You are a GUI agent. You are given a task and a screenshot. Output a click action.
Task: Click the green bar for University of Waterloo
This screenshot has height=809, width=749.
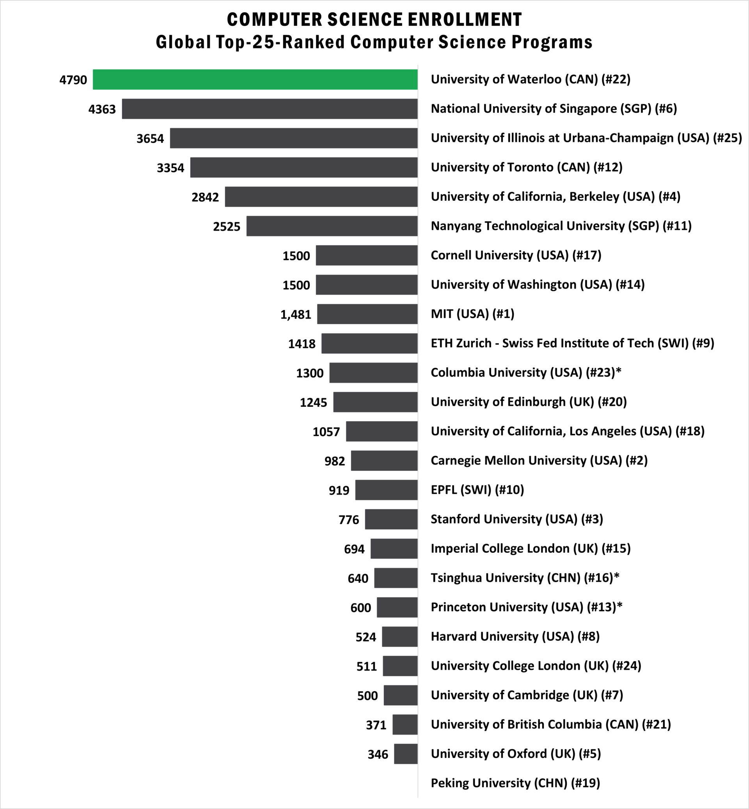point(255,80)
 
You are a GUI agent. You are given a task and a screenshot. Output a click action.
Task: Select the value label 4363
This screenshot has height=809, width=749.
point(102,110)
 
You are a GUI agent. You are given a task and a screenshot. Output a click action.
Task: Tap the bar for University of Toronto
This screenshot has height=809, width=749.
point(304,167)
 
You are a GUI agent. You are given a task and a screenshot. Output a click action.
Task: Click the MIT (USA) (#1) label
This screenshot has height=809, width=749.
point(472,314)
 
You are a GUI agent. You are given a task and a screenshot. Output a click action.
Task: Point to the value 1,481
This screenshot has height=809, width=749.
point(295,314)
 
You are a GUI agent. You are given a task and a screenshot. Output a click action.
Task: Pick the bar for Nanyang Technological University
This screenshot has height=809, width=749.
point(332,226)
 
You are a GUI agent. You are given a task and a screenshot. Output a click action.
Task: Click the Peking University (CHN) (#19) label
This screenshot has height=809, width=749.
point(515,782)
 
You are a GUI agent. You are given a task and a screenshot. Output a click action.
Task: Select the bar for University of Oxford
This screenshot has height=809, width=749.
point(405,754)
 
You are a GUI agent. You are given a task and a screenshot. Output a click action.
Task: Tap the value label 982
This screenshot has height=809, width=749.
point(334,461)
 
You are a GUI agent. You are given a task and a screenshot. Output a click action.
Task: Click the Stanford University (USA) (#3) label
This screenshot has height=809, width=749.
point(517,519)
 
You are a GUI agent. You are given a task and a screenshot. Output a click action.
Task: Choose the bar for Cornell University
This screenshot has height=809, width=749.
point(366,255)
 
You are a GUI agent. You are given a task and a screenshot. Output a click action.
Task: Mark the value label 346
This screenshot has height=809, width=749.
point(378,754)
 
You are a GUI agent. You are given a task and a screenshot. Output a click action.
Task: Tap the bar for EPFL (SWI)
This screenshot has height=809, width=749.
point(386,490)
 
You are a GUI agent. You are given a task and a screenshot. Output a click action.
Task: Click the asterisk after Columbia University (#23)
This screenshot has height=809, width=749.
point(618,371)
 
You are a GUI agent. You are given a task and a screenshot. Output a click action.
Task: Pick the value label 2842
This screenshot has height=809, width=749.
point(205,197)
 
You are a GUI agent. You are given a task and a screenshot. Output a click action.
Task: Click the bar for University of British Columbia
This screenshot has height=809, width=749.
point(405,724)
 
